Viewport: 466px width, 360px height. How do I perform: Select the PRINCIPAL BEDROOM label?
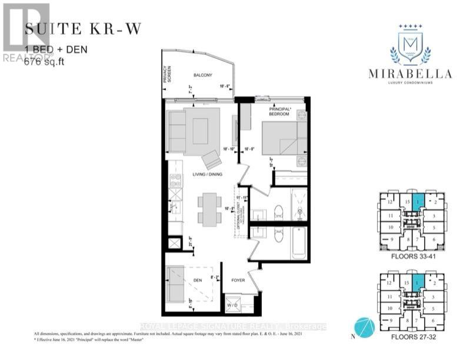tap(279, 112)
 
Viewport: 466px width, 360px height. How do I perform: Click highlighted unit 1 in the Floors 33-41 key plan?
tap(418, 203)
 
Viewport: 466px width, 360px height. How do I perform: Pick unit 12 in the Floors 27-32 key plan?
tap(390, 284)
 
